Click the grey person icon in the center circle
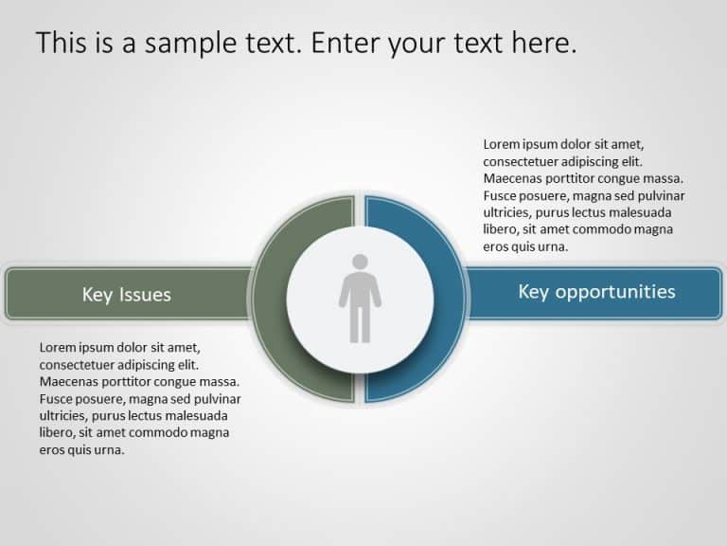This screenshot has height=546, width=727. pos(360,298)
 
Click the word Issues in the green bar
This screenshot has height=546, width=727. pos(147,295)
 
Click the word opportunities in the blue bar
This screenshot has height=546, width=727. pos(615,291)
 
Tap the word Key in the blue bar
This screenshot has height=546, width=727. pos(534,291)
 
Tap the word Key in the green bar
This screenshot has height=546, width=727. pos(98,295)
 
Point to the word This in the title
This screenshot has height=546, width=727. pos(63,43)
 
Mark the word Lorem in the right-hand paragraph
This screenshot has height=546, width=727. pos(502,144)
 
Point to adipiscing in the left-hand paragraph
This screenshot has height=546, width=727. pos(147,365)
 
